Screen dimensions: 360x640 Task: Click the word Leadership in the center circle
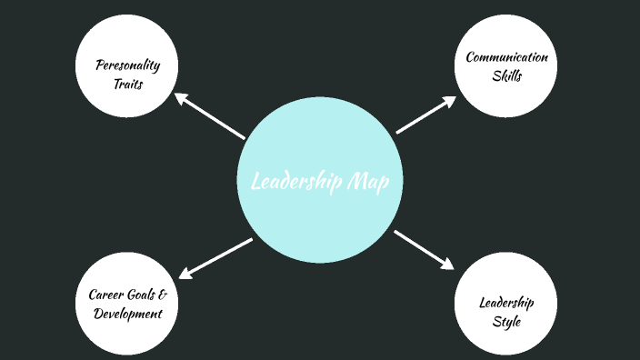pyautogui.click(x=297, y=182)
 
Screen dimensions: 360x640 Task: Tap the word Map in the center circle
pyautogui.click(x=368, y=182)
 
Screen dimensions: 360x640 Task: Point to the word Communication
pyautogui.click(x=507, y=57)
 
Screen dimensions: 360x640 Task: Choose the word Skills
pyautogui.click(x=507, y=76)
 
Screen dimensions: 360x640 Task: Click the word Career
pyautogui.click(x=105, y=295)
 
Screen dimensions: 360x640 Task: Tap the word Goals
pyautogui.click(x=140, y=295)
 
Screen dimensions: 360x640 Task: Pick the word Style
pyautogui.click(x=506, y=321)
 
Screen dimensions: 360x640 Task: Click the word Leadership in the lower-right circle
pyautogui.click(x=506, y=303)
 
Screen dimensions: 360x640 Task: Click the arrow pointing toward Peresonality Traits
pyautogui.click(x=210, y=115)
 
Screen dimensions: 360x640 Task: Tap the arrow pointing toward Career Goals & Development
pyautogui.click(x=215, y=258)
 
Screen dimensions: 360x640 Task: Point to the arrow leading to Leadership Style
pyautogui.click(x=424, y=249)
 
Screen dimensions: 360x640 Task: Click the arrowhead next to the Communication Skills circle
pyautogui.click(x=449, y=101)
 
